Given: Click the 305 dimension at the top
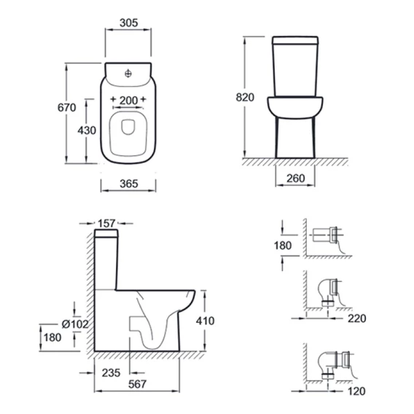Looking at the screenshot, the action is pyautogui.click(x=128, y=23).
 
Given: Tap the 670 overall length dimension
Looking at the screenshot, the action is pyautogui.click(x=67, y=107).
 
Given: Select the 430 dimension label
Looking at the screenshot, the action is pyautogui.click(x=87, y=130).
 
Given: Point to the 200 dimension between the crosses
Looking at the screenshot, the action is pyautogui.click(x=128, y=101).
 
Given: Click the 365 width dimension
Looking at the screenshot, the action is pyautogui.click(x=129, y=184).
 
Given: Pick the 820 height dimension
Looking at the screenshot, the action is pyautogui.click(x=245, y=97).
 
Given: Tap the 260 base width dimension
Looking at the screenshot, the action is pyautogui.click(x=296, y=179).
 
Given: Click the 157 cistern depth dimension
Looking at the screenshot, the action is pyautogui.click(x=107, y=223).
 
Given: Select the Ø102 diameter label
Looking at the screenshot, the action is pyautogui.click(x=75, y=324).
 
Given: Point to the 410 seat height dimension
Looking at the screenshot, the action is pyautogui.click(x=205, y=321).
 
